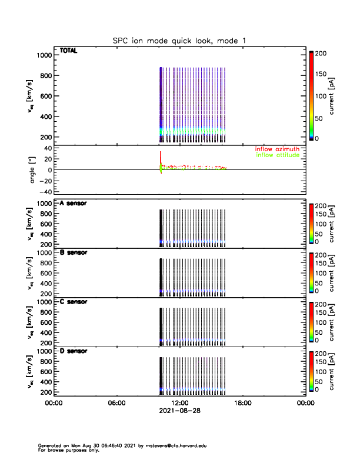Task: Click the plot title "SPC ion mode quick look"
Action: [179, 40]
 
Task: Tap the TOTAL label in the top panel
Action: [69, 51]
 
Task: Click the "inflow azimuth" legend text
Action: [278, 149]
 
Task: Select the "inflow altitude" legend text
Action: [278, 155]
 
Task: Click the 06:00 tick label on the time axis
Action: [117, 403]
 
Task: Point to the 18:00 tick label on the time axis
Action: [243, 403]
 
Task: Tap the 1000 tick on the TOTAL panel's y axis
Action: [45, 55]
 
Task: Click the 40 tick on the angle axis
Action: [48, 148]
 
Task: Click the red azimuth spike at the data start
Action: [161, 156]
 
